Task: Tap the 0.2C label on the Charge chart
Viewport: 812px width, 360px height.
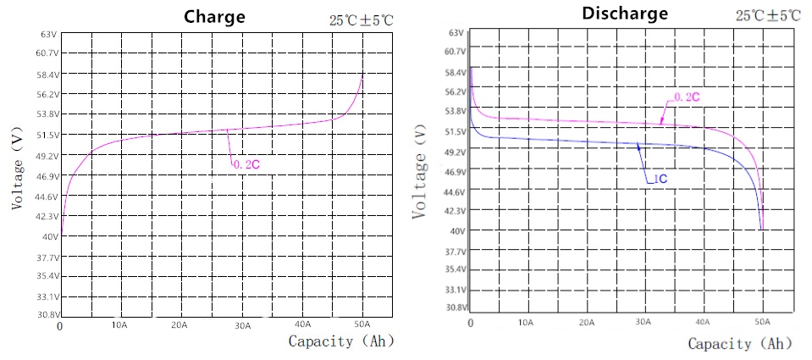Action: pyautogui.click(x=246, y=164)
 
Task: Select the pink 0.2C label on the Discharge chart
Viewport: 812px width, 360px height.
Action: pyautogui.click(x=687, y=97)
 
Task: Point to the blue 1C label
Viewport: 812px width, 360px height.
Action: pyautogui.click(x=660, y=180)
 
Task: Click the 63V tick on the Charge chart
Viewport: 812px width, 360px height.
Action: pyautogui.click(x=48, y=34)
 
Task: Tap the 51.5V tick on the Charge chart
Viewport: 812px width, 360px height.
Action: pyautogui.click(x=46, y=135)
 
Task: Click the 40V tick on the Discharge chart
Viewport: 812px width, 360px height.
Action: pyautogui.click(x=456, y=230)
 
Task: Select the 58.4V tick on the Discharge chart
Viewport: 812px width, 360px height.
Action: pyautogui.click(x=455, y=72)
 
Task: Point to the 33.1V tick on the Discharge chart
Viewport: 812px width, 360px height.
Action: pyautogui.click(x=455, y=289)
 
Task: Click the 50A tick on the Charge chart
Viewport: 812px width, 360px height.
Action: pyautogui.click(x=362, y=325)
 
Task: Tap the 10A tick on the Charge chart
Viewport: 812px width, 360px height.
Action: pyautogui.click(x=119, y=325)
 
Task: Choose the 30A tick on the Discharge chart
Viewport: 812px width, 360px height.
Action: pyautogui.click(x=643, y=323)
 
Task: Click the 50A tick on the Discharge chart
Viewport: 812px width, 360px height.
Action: pyautogui.click(x=762, y=323)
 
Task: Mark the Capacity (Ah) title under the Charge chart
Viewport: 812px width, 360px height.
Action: pyautogui.click(x=341, y=341)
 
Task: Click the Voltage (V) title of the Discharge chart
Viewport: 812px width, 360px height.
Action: pyautogui.click(x=421, y=174)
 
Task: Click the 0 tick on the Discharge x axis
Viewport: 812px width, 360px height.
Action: pyautogui.click(x=470, y=323)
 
